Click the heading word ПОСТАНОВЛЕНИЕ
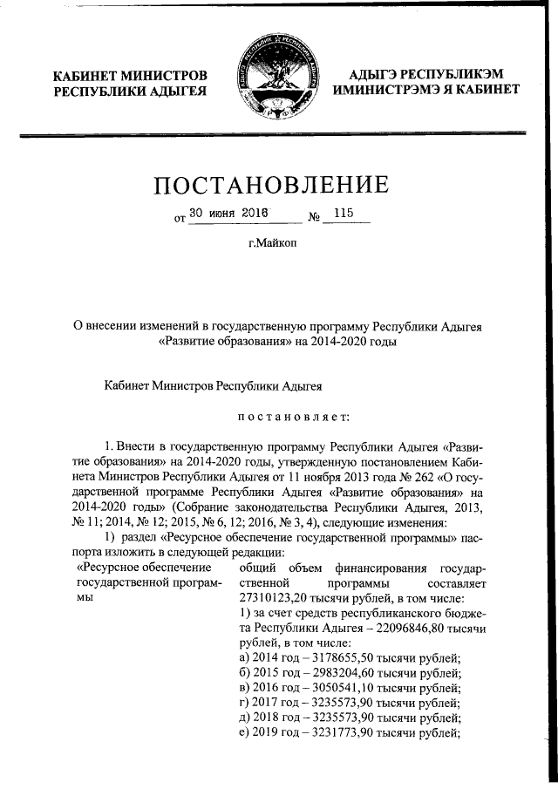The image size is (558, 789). (271, 186)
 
